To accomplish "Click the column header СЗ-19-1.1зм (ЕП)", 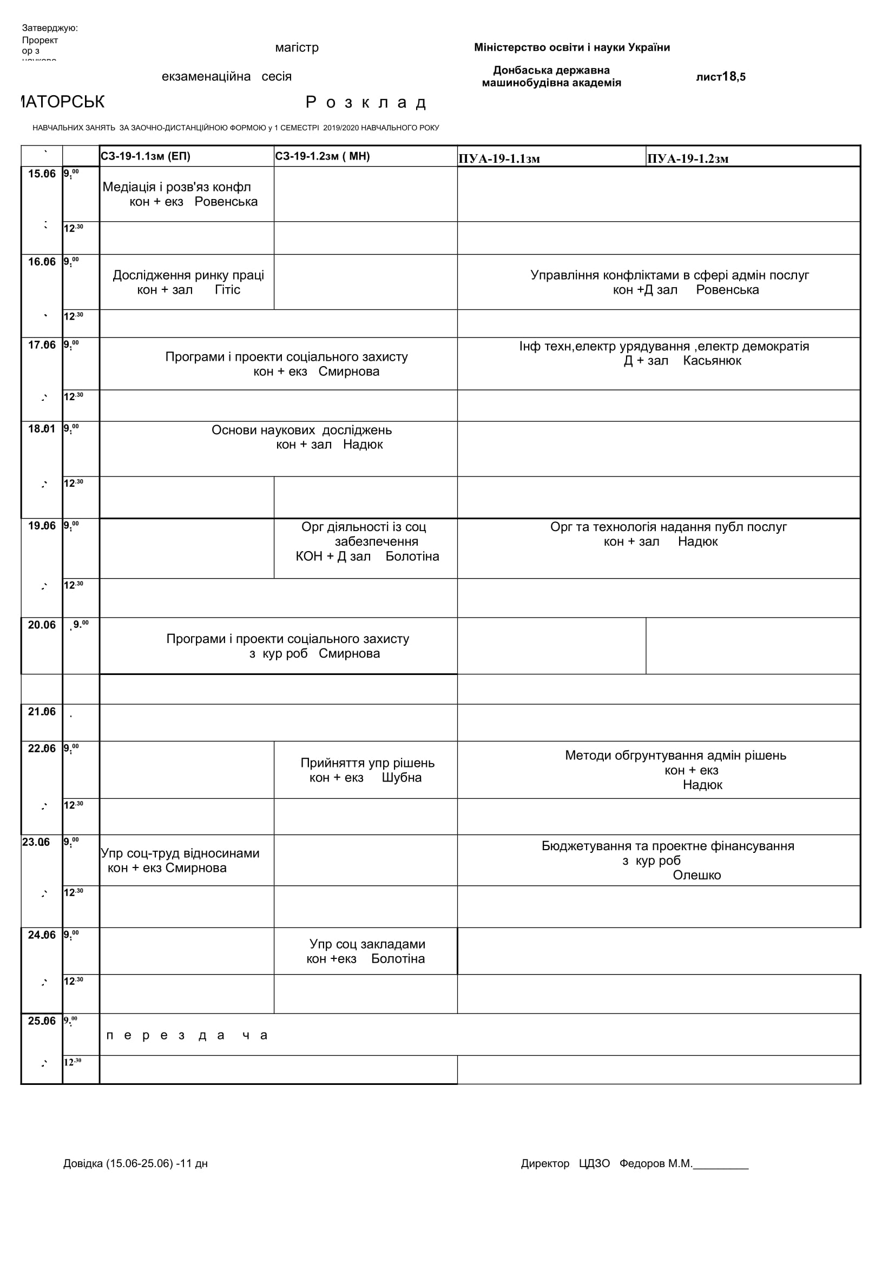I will tap(146, 156).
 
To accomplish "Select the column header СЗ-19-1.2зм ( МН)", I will tap(323, 156).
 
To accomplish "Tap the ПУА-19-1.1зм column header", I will tap(499, 159).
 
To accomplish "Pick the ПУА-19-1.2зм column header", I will tap(688, 159).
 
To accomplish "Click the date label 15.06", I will tap(42, 174).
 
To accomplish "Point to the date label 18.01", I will tap(42, 429).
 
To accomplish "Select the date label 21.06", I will tap(42, 712).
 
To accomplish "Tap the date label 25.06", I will tap(42, 1021).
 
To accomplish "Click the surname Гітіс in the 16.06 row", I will tap(228, 290).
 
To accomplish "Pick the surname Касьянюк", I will tap(712, 361).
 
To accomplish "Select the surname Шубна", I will tap(401, 777).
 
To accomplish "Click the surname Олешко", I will tap(696, 875).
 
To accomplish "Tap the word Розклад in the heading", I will tap(366, 102).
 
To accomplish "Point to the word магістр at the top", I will tap(297, 48).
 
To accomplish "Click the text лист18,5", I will tap(720, 77).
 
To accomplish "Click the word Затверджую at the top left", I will tap(50, 28).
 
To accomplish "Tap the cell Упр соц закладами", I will tap(367, 944).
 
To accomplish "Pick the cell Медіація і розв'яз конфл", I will tap(177, 187).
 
